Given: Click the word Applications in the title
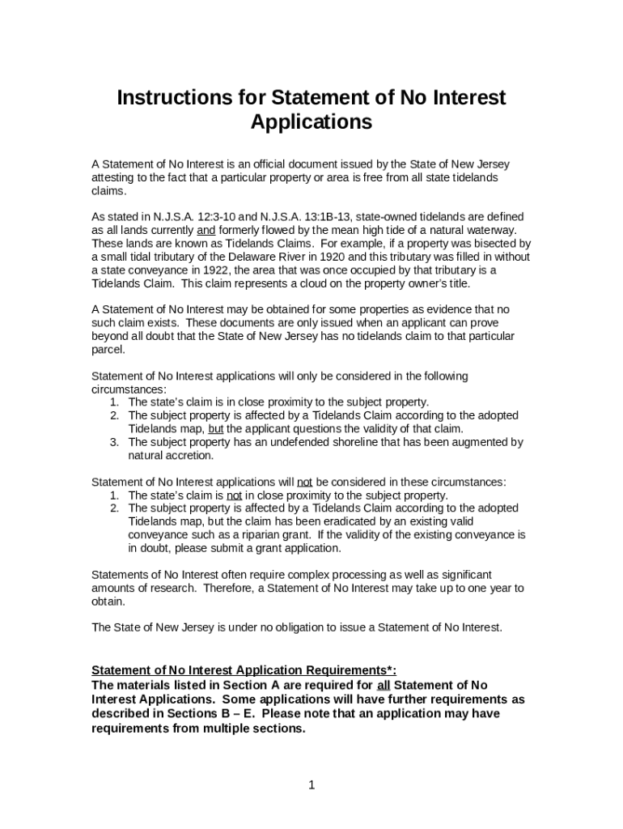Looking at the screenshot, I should click(x=311, y=122).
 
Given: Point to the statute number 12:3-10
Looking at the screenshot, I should click(x=206, y=217).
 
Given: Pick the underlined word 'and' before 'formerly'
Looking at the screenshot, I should click(x=206, y=230).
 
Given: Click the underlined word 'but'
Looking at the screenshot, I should click(x=216, y=429).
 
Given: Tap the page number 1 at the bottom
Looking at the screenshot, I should click(x=311, y=785).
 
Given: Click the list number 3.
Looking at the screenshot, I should click(x=115, y=442).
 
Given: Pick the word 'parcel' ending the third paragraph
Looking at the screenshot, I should click(x=108, y=350).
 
